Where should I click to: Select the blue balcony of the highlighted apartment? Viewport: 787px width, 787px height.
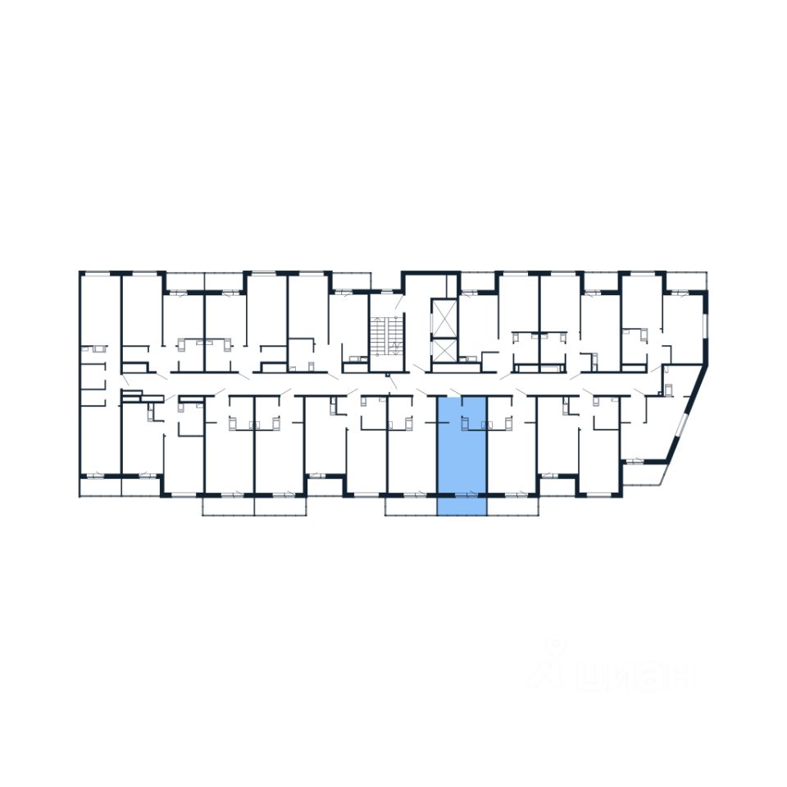462,507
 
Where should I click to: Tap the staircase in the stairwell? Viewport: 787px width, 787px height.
387,336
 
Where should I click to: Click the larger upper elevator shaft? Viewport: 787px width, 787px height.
444,318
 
